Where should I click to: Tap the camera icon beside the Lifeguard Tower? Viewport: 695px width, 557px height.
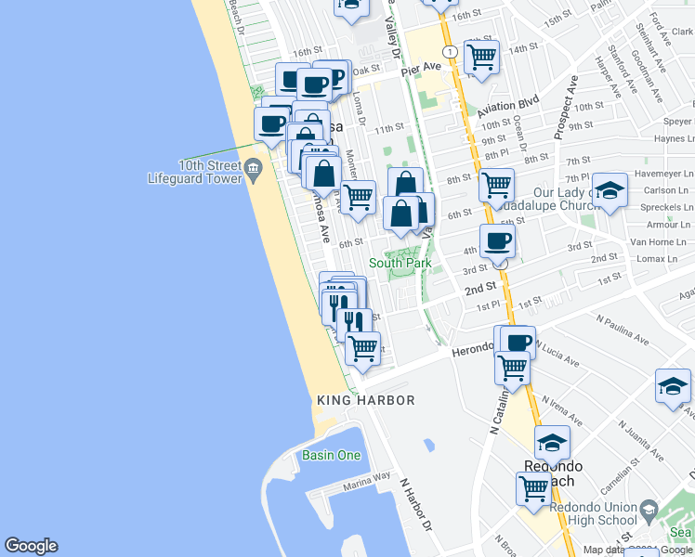(254, 168)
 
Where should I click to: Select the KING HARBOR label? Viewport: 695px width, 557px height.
(365, 400)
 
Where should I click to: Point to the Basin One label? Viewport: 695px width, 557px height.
(331, 455)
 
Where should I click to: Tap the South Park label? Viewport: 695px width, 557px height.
(400, 263)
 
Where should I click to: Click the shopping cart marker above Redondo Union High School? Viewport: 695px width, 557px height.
(533, 487)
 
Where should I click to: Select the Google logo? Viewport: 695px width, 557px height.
(32, 546)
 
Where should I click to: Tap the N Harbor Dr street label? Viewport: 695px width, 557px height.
(417, 505)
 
